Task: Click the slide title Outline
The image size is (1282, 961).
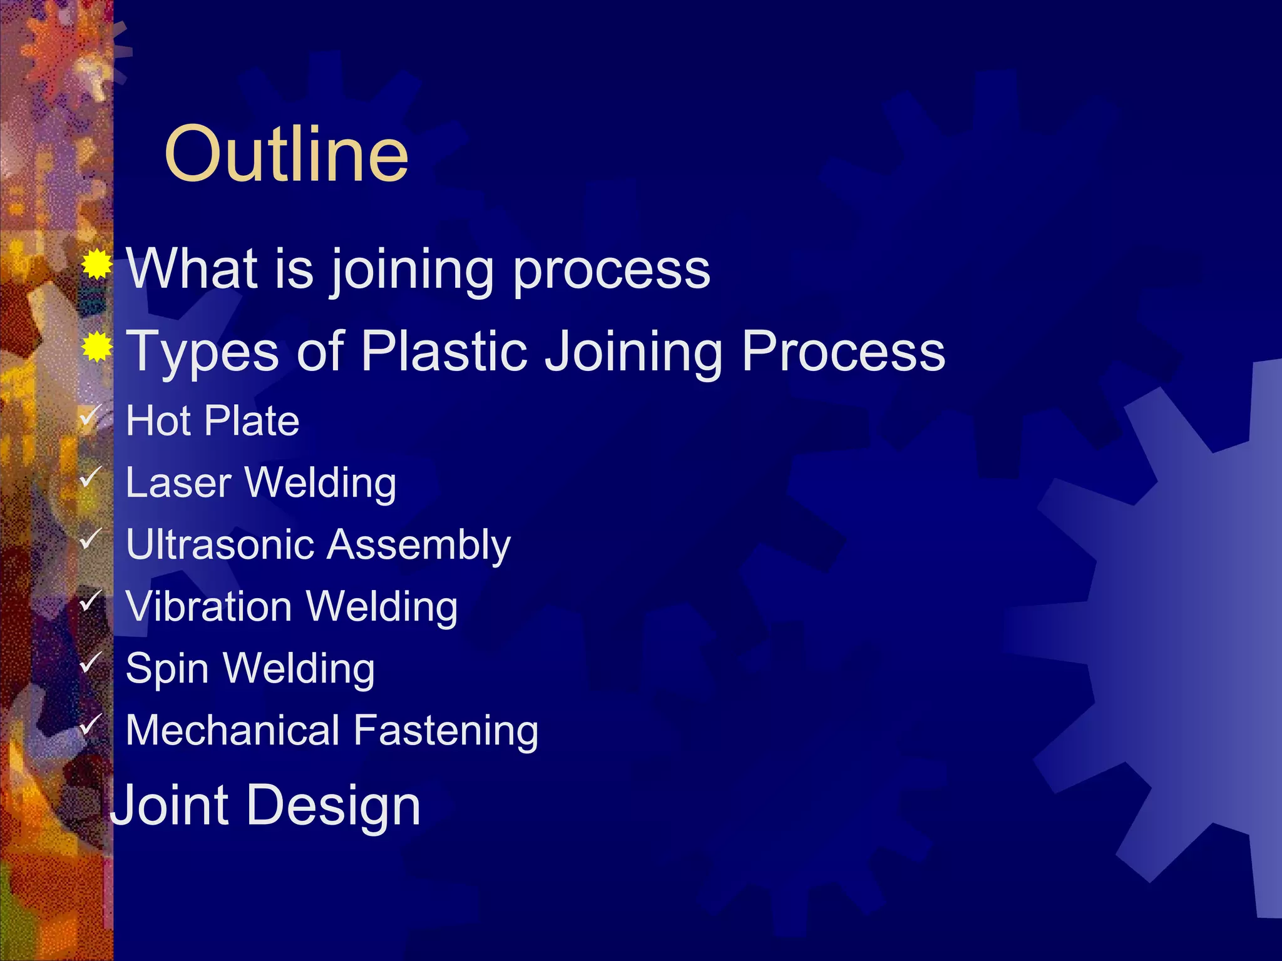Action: (x=286, y=154)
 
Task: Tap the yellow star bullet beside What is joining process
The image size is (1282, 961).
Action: (x=96, y=265)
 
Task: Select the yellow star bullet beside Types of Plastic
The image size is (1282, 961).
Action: (x=96, y=347)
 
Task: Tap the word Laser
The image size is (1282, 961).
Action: (x=179, y=483)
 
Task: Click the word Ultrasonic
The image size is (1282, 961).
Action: (x=220, y=544)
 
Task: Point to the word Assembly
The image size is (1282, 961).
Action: (x=419, y=546)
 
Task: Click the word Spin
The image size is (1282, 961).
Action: (x=167, y=669)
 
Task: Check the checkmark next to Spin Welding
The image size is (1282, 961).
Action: (x=91, y=661)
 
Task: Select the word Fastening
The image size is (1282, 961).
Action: (x=446, y=731)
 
